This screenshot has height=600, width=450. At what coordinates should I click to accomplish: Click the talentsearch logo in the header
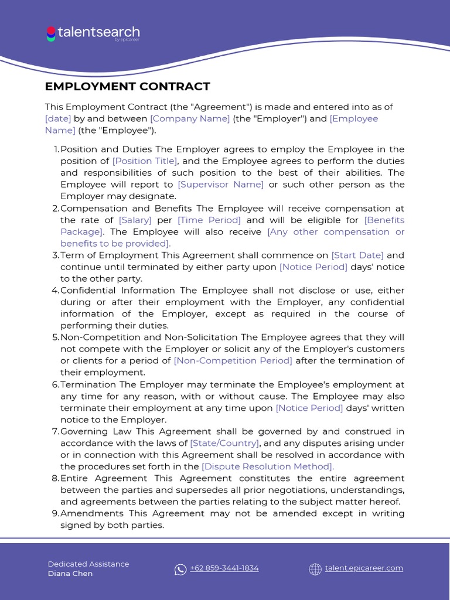93,33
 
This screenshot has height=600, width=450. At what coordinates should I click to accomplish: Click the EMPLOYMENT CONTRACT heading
127,87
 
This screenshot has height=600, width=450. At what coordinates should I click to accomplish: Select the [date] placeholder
58,118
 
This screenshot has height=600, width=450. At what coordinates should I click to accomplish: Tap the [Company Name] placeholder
190,118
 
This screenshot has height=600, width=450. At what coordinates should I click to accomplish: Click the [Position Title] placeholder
145,161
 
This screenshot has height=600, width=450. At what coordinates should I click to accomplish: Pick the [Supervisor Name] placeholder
221,185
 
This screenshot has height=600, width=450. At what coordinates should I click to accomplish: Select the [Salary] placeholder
135,220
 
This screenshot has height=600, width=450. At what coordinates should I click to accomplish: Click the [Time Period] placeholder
209,220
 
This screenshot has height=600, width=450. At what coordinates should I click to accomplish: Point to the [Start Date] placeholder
357,255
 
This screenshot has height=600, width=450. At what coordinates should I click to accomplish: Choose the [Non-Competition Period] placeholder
233,360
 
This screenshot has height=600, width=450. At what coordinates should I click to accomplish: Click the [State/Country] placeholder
224,443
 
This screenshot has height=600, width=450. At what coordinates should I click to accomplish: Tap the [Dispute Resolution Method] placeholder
268,466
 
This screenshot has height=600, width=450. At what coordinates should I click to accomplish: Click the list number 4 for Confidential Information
56,290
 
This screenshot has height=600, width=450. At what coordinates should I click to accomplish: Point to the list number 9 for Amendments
56,513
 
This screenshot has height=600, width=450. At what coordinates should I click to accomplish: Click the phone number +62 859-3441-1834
224,568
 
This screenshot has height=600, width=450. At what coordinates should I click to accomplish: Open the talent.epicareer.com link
364,568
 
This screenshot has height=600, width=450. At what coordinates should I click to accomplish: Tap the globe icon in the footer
315,569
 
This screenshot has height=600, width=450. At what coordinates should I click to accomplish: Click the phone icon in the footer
180,569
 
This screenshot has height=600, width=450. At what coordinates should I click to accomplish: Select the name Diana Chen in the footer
70,574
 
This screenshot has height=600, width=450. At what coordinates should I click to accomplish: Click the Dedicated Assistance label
88,564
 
